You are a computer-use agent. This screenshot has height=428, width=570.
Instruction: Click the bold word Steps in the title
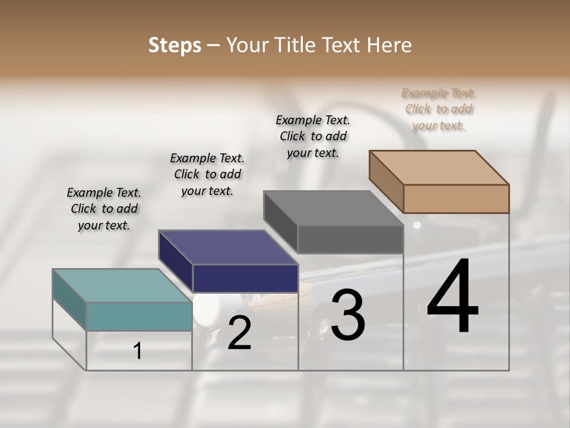coord(175,45)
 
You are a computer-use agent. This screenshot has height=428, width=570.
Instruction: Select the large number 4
coord(452,297)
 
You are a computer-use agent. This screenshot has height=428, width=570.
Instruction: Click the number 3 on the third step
coord(348,314)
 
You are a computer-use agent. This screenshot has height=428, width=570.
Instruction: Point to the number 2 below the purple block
coord(239,333)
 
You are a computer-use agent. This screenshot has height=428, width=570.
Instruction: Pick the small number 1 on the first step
coord(138,351)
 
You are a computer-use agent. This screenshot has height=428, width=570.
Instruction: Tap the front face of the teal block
coord(139,316)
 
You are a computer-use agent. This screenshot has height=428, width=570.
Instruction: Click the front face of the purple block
coord(245,278)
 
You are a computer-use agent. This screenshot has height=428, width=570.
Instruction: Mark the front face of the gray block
coord(350,240)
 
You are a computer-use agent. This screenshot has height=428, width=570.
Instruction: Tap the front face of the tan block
coord(456,199)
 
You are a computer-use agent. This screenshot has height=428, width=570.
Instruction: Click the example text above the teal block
coord(104,209)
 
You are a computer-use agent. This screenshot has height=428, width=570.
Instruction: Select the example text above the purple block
coord(207,174)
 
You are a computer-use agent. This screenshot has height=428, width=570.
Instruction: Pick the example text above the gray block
coord(313,136)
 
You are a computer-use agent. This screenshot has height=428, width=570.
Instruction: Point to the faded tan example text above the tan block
coord(439,109)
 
